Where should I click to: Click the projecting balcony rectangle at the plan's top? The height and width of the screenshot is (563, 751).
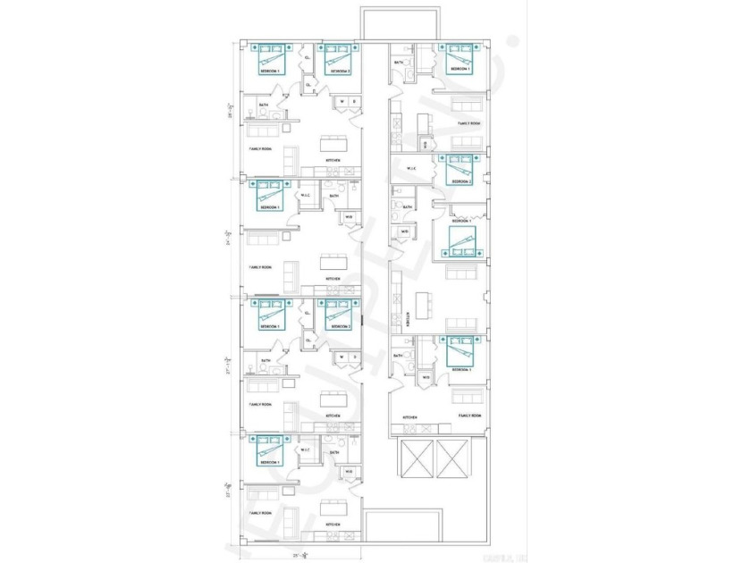point(388,22)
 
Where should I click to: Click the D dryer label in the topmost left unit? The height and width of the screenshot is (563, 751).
point(354,102)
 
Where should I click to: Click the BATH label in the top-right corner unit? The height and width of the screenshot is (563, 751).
point(399,63)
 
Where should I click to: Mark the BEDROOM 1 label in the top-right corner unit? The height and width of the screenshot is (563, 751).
point(460,69)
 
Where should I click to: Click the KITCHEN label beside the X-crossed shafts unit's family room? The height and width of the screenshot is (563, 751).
point(409,417)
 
